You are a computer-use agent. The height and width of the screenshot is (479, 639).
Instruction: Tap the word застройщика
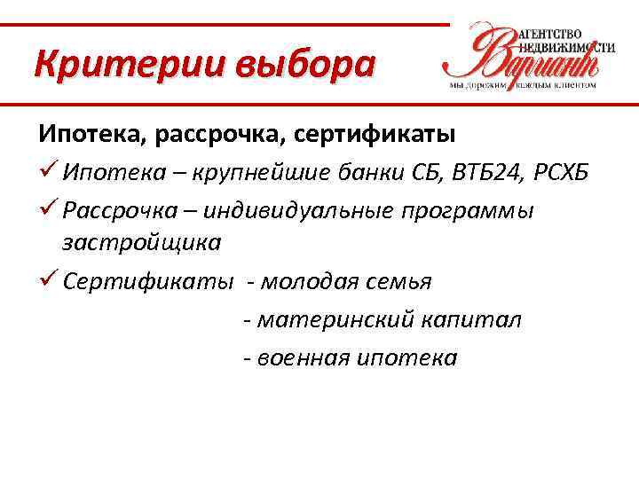coord(141,241)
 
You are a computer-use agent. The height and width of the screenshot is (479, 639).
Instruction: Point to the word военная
coord(301,358)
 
